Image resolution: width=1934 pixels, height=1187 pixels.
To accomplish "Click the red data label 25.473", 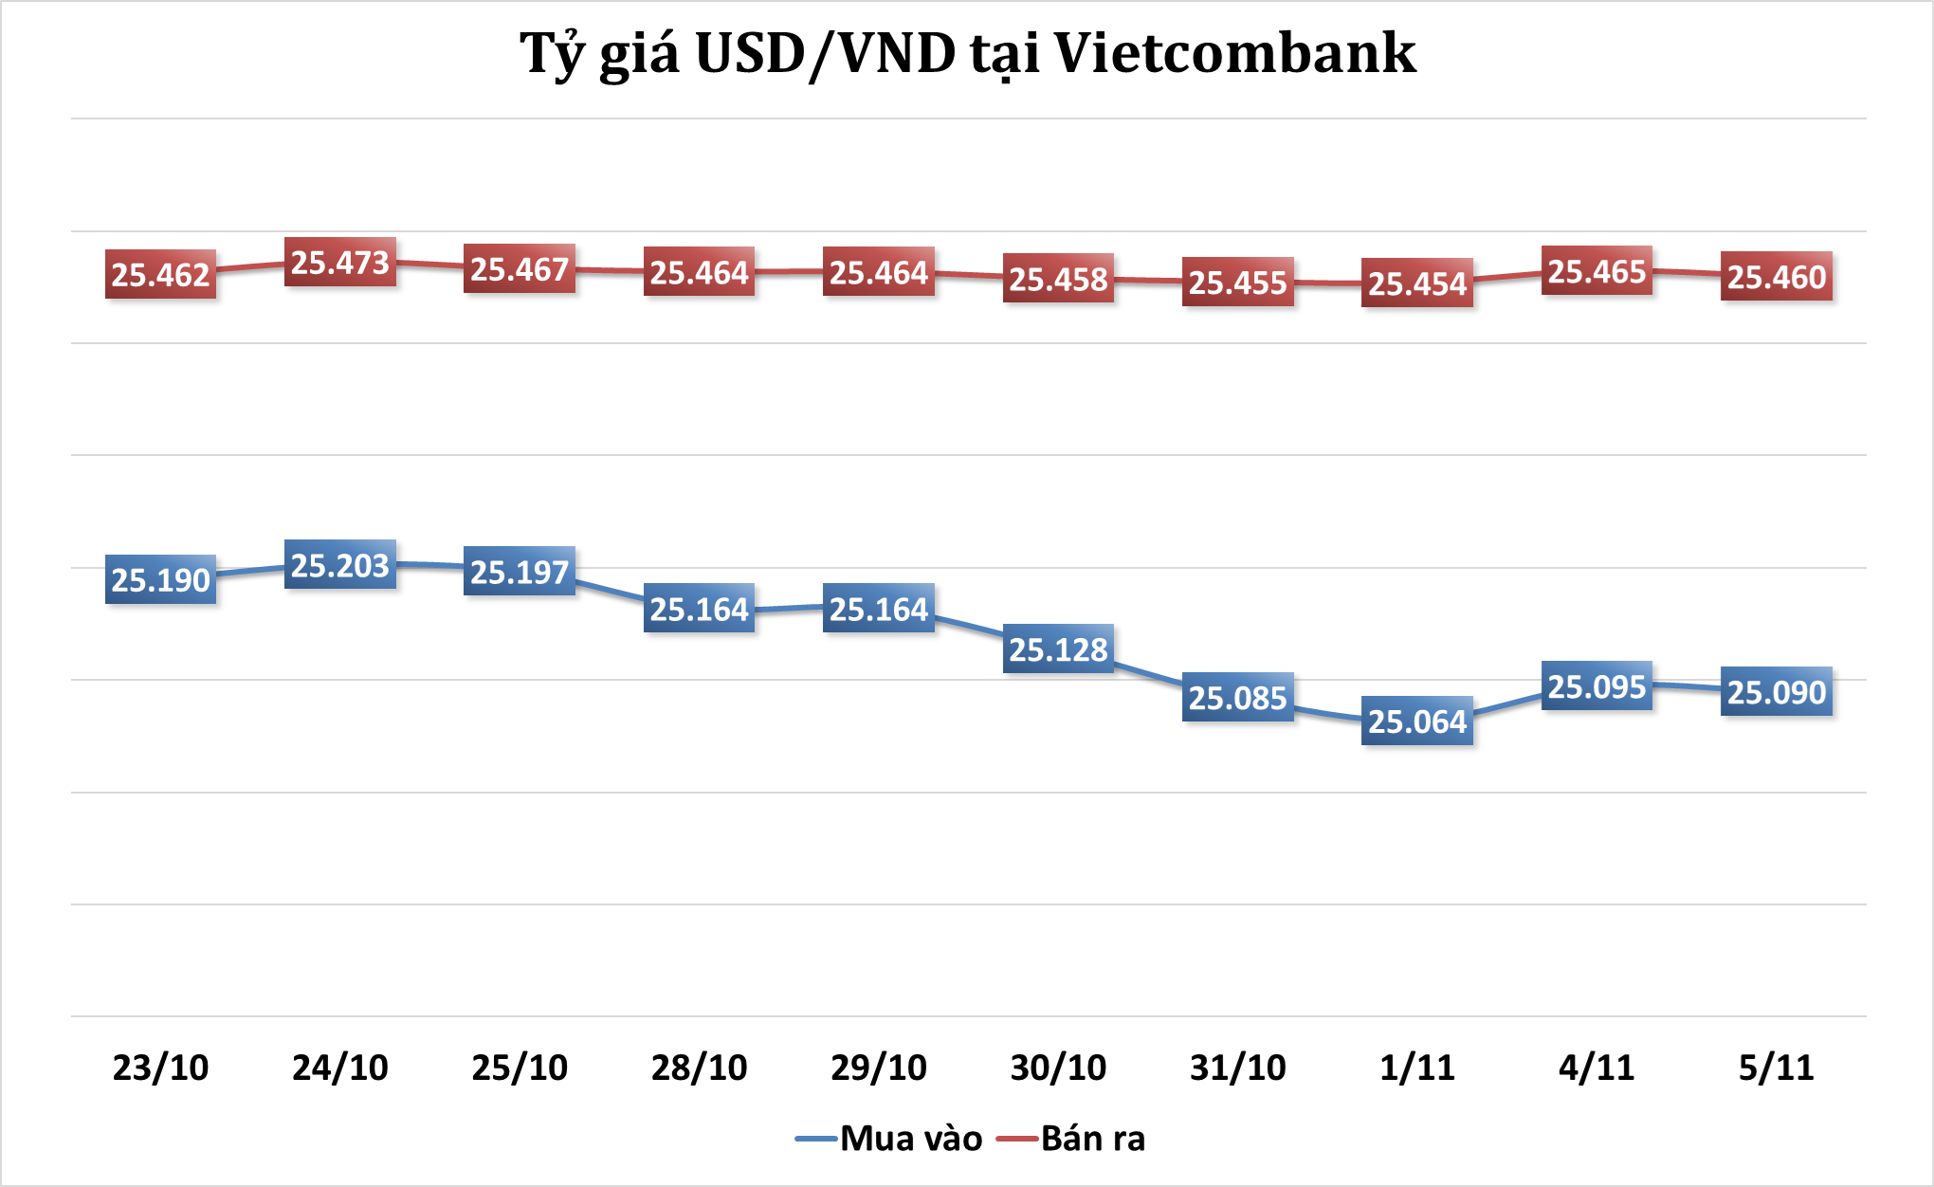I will pyautogui.click(x=340, y=263).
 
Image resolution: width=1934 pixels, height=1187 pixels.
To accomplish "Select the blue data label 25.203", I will pyautogui.click(x=340, y=566).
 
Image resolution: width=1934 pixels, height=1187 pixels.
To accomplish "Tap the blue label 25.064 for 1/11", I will pyautogui.click(x=1417, y=721).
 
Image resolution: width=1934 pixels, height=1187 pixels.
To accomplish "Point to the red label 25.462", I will pyautogui.click(x=160, y=275).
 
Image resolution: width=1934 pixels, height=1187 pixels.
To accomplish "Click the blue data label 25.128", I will pyautogui.click(x=1058, y=649).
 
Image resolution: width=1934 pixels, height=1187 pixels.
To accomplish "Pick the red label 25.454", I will pyautogui.click(x=1417, y=283).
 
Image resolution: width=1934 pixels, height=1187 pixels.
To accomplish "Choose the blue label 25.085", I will pyautogui.click(x=1237, y=698).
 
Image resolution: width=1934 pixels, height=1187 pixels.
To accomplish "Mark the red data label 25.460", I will pyautogui.click(x=1777, y=277).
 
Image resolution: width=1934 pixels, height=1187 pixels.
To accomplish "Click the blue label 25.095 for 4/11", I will pyautogui.click(x=1596, y=686).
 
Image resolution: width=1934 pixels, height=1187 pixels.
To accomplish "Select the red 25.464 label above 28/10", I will pyautogui.click(x=700, y=273).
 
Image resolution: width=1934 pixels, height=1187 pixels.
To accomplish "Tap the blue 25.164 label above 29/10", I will pyautogui.click(x=879, y=610).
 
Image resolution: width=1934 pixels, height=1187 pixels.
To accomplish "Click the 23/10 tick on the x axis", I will pyautogui.click(x=160, y=1068).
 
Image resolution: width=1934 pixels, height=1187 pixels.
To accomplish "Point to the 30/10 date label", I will pyautogui.click(x=1058, y=1068).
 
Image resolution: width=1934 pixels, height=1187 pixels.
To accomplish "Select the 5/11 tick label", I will pyautogui.click(x=1777, y=1068).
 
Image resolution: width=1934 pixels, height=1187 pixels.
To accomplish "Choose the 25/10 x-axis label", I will pyautogui.click(x=520, y=1068).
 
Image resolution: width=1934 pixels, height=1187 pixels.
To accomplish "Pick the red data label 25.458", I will pyautogui.click(x=1058, y=280).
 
